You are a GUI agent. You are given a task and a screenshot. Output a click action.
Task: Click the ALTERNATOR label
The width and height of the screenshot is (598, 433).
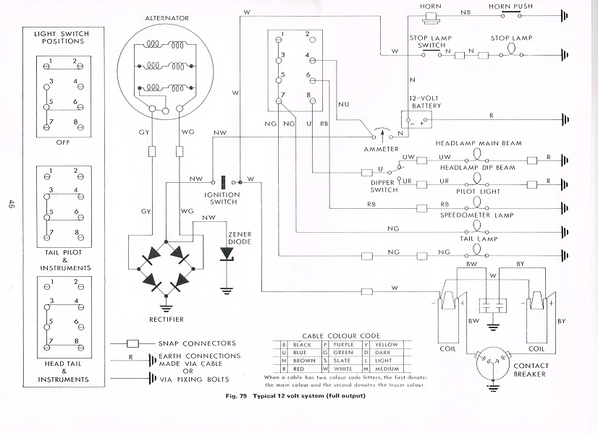(x=167, y=18)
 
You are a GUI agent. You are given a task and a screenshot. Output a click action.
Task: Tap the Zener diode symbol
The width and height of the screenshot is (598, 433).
(x=227, y=254)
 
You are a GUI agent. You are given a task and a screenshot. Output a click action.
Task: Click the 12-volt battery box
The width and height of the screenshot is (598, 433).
(x=416, y=119)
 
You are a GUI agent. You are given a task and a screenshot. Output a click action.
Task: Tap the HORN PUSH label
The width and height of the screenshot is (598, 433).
(x=510, y=7)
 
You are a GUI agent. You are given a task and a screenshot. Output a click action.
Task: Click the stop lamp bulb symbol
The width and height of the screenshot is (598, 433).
(x=511, y=51)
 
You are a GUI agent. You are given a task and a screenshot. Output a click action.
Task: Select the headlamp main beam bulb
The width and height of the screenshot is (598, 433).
(x=476, y=155)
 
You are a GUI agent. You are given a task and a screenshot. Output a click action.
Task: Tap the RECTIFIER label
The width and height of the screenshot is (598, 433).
(x=167, y=320)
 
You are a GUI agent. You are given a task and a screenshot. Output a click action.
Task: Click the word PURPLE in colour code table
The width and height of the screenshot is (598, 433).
(x=344, y=345)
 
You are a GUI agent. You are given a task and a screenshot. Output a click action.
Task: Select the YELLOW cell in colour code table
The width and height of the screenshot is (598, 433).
(x=386, y=345)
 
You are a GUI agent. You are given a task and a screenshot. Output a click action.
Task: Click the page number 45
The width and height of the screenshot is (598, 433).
(x=11, y=204)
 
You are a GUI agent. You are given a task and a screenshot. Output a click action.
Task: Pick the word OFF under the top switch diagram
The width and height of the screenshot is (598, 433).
(x=63, y=142)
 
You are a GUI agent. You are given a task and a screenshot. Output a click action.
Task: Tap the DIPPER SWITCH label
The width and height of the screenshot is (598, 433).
(x=384, y=187)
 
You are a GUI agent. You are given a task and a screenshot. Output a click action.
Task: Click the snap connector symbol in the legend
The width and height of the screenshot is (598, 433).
(x=132, y=344)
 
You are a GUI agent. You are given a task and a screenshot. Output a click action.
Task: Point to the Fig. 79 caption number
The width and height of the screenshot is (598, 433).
(x=237, y=395)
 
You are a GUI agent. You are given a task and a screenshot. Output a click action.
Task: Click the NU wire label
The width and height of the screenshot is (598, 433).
(x=343, y=104)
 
